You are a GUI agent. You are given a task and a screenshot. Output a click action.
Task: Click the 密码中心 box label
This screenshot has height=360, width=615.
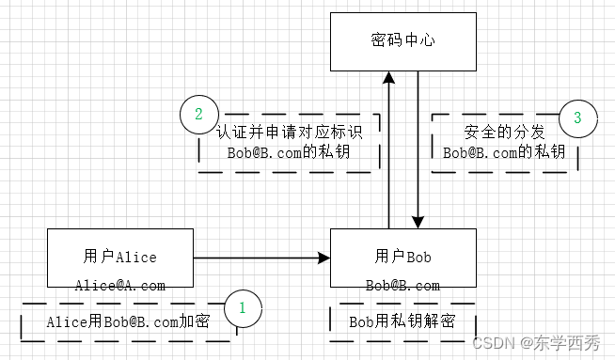click(402, 40)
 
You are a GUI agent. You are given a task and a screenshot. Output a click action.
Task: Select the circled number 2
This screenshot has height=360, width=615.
click(198, 114)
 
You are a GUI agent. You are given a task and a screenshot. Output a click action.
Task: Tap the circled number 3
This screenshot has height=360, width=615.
click(577, 118)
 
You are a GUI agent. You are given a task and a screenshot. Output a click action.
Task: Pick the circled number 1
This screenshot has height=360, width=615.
click(243, 308)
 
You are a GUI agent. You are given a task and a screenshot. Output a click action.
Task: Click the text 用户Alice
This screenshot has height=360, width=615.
click(120, 257)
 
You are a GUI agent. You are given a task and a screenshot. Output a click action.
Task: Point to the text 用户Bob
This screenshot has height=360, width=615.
click(402, 257)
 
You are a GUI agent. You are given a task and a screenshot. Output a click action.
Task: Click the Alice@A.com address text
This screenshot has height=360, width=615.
click(120, 286)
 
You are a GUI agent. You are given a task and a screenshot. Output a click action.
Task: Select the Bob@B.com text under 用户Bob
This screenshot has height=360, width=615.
click(402, 286)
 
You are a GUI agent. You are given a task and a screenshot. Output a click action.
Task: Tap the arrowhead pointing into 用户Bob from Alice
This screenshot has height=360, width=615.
click(324, 258)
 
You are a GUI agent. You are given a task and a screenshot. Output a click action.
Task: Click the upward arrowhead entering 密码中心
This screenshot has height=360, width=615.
click(388, 77)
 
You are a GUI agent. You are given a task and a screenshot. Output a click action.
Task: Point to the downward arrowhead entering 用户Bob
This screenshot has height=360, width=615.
click(418, 223)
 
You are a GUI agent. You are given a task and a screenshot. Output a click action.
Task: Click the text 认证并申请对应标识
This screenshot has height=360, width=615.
click(290, 132)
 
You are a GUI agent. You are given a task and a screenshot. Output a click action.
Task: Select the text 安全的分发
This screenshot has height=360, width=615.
click(504, 133)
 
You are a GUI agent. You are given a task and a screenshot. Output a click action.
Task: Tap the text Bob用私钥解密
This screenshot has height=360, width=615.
click(402, 321)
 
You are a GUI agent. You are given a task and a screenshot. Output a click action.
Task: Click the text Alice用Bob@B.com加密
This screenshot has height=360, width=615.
click(128, 322)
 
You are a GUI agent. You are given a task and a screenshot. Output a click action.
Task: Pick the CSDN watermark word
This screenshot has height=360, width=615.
click(494, 343)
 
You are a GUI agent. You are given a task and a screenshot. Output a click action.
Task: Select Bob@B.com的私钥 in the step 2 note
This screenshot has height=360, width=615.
click(289, 152)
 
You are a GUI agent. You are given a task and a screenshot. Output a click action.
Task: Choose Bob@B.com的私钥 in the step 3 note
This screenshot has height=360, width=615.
click(504, 152)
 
